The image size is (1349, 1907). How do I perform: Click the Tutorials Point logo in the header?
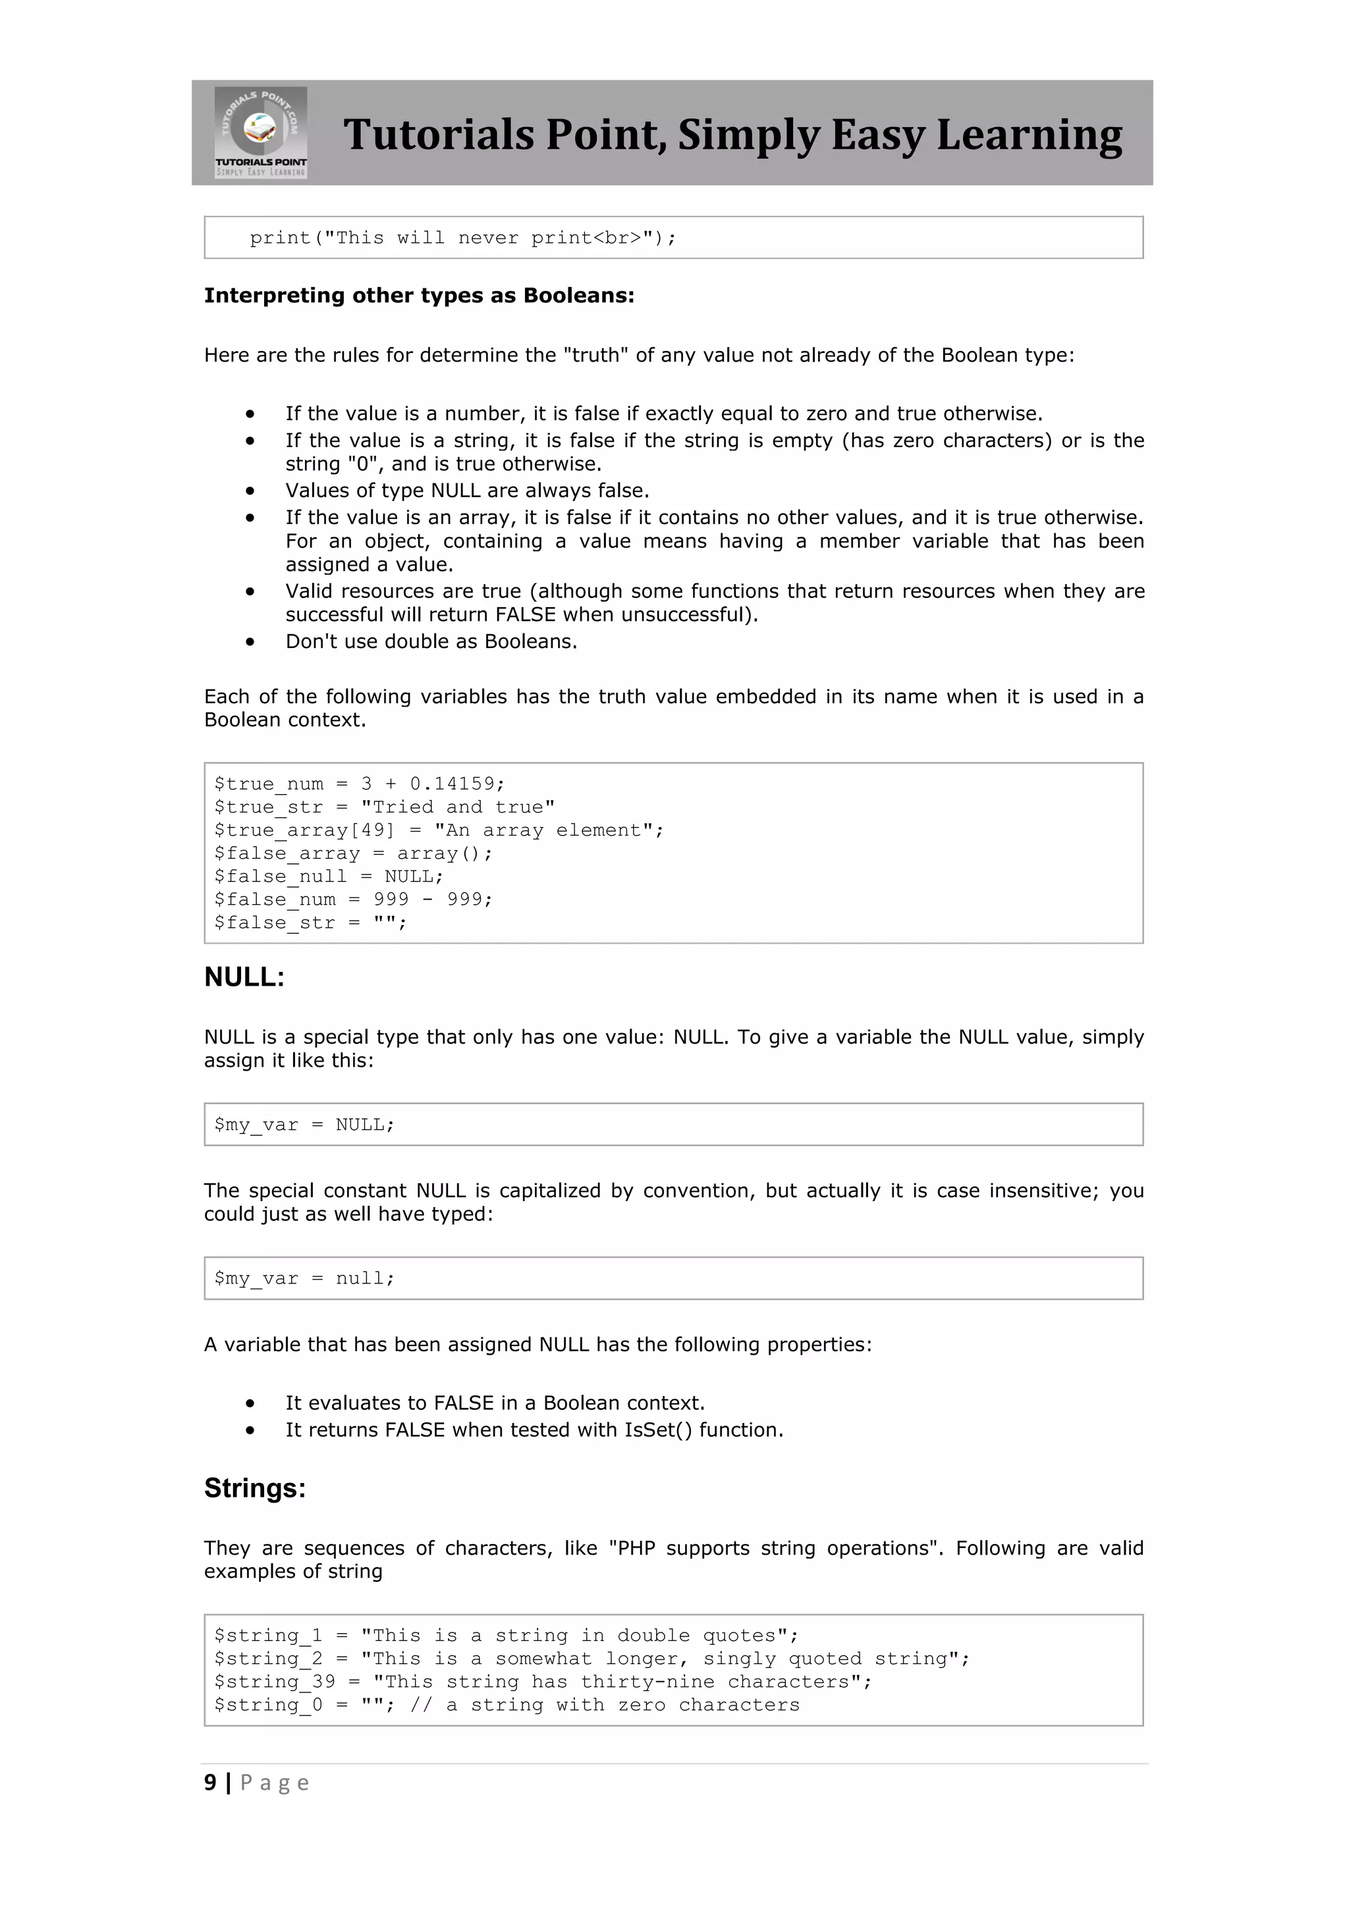261,132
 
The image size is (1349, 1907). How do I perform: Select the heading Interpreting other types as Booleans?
419,296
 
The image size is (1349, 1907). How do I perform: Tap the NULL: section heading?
244,978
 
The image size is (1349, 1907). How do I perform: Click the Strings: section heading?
255,1488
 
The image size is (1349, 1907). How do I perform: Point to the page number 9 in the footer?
210,1783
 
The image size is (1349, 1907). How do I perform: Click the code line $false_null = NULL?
328,876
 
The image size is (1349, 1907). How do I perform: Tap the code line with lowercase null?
304,1278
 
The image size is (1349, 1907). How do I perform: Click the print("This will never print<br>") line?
462,238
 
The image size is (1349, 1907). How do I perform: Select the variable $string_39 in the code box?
274,1682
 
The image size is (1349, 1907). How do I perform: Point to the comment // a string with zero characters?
605,1705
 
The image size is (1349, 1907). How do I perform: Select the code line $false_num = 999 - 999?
352,900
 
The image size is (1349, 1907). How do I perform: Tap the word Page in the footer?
274,1783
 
